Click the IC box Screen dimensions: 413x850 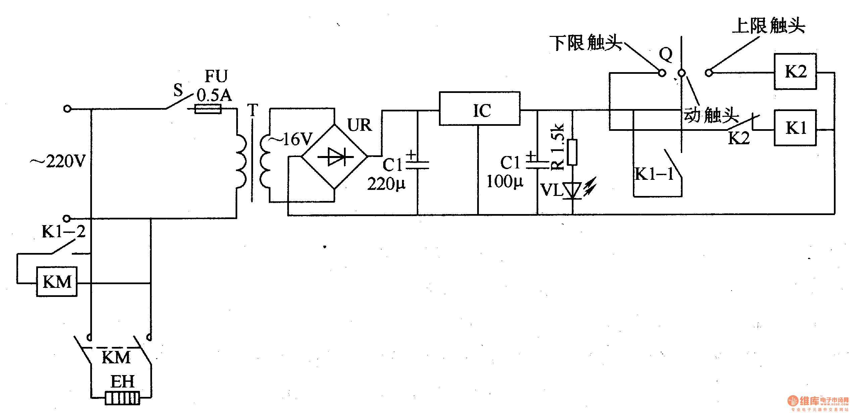click(480, 108)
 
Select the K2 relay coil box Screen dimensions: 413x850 click(795, 71)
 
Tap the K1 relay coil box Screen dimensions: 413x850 click(795, 128)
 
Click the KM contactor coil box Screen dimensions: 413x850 click(57, 281)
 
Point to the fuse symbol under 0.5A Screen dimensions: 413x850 click(208, 109)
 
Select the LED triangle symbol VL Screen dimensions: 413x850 click(572, 191)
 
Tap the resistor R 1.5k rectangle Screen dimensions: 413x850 click(572, 152)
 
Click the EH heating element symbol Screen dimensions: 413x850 click(122, 398)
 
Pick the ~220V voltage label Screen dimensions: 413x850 click(58, 161)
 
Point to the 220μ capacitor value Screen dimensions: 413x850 click(386, 184)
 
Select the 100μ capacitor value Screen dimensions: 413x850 click(505, 182)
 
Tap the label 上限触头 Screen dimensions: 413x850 click(768, 25)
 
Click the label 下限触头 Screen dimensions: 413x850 click(586, 43)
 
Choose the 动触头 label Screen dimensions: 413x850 click(711, 115)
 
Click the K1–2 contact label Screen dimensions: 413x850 click(63, 231)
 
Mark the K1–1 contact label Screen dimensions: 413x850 click(654, 174)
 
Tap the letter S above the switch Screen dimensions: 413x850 click(178, 90)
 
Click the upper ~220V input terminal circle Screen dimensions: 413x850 click(67, 109)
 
